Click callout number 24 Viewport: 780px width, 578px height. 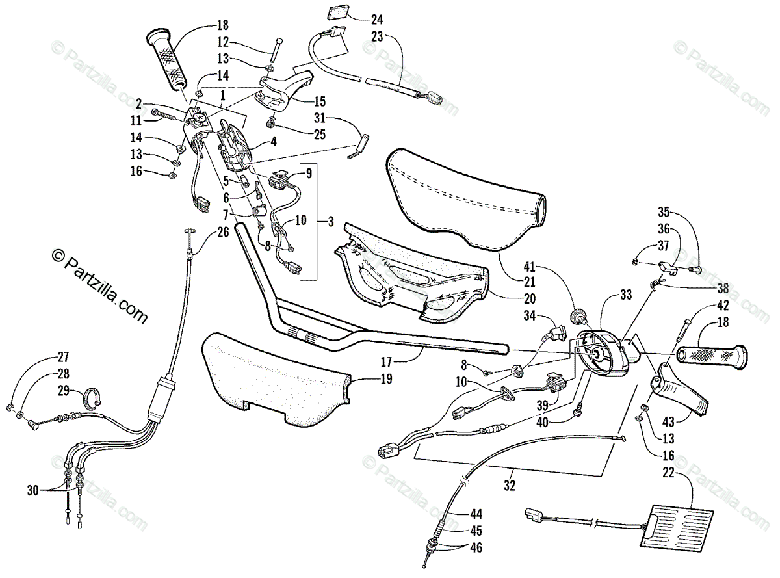[377, 18]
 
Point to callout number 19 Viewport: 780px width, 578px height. [386, 380]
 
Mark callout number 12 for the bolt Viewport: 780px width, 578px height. [224, 42]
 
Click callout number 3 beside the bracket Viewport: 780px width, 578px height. [330, 221]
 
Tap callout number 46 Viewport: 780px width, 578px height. [476, 547]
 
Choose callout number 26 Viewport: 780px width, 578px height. [223, 231]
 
